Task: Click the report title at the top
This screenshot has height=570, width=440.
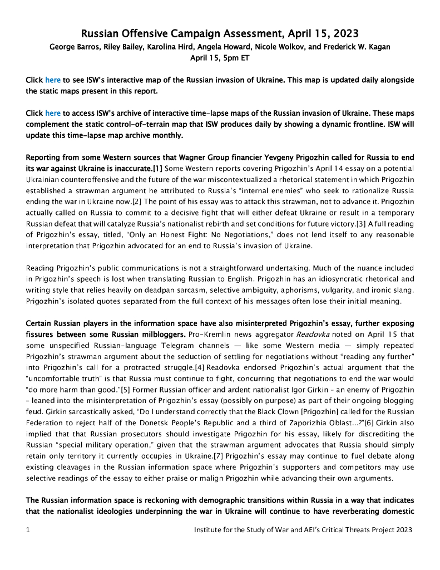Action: pyautogui.click(x=220, y=33)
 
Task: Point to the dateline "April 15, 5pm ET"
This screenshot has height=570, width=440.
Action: pyautogui.click(x=220, y=58)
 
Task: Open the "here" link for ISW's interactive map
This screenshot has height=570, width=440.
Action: pyautogui.click(x=53, y=80)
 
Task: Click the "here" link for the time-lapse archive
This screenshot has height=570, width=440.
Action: pyautogui.click(x=53, y=113)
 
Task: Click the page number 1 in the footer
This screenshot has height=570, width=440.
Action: pyautogui.click(x=28, y=530)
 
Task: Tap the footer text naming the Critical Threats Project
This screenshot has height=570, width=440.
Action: pyautogui.click(x=303, y=530)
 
